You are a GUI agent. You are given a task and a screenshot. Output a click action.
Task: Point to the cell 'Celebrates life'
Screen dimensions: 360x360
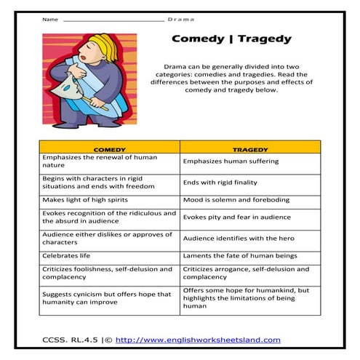coord(65,256)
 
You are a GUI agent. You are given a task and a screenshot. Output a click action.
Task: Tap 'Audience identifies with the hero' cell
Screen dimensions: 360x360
coord(238,238)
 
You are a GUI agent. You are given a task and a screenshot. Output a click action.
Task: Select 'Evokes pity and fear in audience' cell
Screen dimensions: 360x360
coord(236,217)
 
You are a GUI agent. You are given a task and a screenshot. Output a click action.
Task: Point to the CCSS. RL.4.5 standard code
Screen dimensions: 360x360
coord(68,340)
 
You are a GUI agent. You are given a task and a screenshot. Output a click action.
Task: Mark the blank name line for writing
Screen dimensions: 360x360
coord(113,20)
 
